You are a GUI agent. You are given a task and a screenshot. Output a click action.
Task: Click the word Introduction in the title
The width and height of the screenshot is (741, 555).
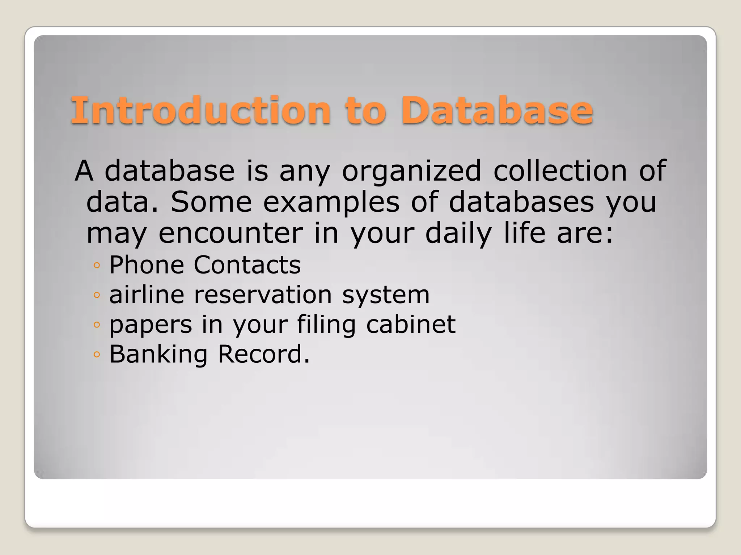tap(201, 110)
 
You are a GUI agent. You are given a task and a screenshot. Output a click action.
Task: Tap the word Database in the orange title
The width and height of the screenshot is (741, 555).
tap(497, 110)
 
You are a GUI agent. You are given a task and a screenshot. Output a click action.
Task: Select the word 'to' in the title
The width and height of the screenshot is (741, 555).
tap(365, 110)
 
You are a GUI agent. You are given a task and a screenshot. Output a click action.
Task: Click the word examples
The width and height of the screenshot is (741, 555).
tap(331, 202)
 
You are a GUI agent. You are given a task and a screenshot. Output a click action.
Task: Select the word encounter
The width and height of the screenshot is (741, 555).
tap(231, 233)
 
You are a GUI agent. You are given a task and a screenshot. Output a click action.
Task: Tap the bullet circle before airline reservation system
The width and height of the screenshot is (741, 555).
tap(96, 295)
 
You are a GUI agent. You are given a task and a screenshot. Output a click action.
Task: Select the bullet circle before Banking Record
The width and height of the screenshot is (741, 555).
tap(96, 354)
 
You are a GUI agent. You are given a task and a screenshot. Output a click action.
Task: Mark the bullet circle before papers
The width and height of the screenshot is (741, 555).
tap(96, 325)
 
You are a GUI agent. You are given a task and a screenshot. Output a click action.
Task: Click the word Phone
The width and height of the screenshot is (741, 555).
tap(147, 265)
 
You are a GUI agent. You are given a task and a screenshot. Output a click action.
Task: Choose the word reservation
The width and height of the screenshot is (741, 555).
tap(263, 294)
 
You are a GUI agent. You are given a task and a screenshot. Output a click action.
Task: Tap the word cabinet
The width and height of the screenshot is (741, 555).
tap(411, 324)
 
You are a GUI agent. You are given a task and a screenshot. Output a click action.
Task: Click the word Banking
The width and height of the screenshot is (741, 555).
tap(158, 354)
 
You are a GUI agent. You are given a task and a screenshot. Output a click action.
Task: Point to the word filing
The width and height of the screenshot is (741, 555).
tap(326, 325)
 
